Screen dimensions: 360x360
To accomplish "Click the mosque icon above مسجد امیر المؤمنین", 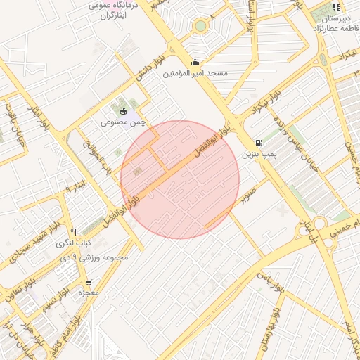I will [x=195, y=62].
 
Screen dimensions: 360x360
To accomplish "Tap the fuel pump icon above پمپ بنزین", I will [x=261, y=142].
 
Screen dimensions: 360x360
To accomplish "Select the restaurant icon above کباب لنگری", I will [x=73, y=231].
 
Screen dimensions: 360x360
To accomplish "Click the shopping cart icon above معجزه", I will [x=88, y=281].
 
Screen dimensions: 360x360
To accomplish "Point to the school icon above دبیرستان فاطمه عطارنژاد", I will [x=336, y=8].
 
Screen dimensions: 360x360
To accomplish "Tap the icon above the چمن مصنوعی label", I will [x=123, y=110].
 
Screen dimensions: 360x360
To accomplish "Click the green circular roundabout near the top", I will [x=201, y=26].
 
